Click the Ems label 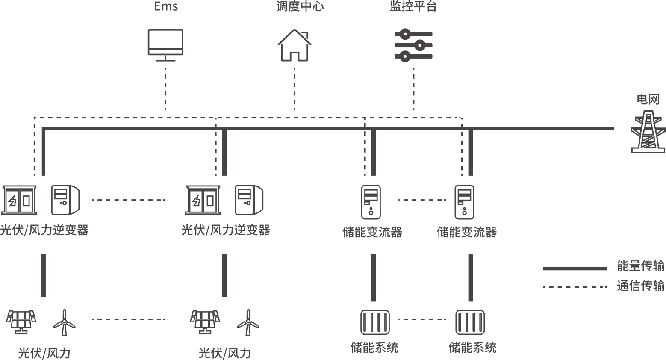click(166, 6)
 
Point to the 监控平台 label click(413, 6)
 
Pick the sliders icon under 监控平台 click(413, 44)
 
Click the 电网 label click(648, 99)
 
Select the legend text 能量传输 click(640, 266)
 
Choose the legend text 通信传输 click(640, 286)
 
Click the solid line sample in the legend click(575, 269)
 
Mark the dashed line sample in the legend click(575, 287)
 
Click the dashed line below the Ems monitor click(165, 90)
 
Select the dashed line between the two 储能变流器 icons click(421, 200)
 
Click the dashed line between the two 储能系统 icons click(421, 319)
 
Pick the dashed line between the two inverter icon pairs click(128, 200)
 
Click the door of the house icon click(295, 56)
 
